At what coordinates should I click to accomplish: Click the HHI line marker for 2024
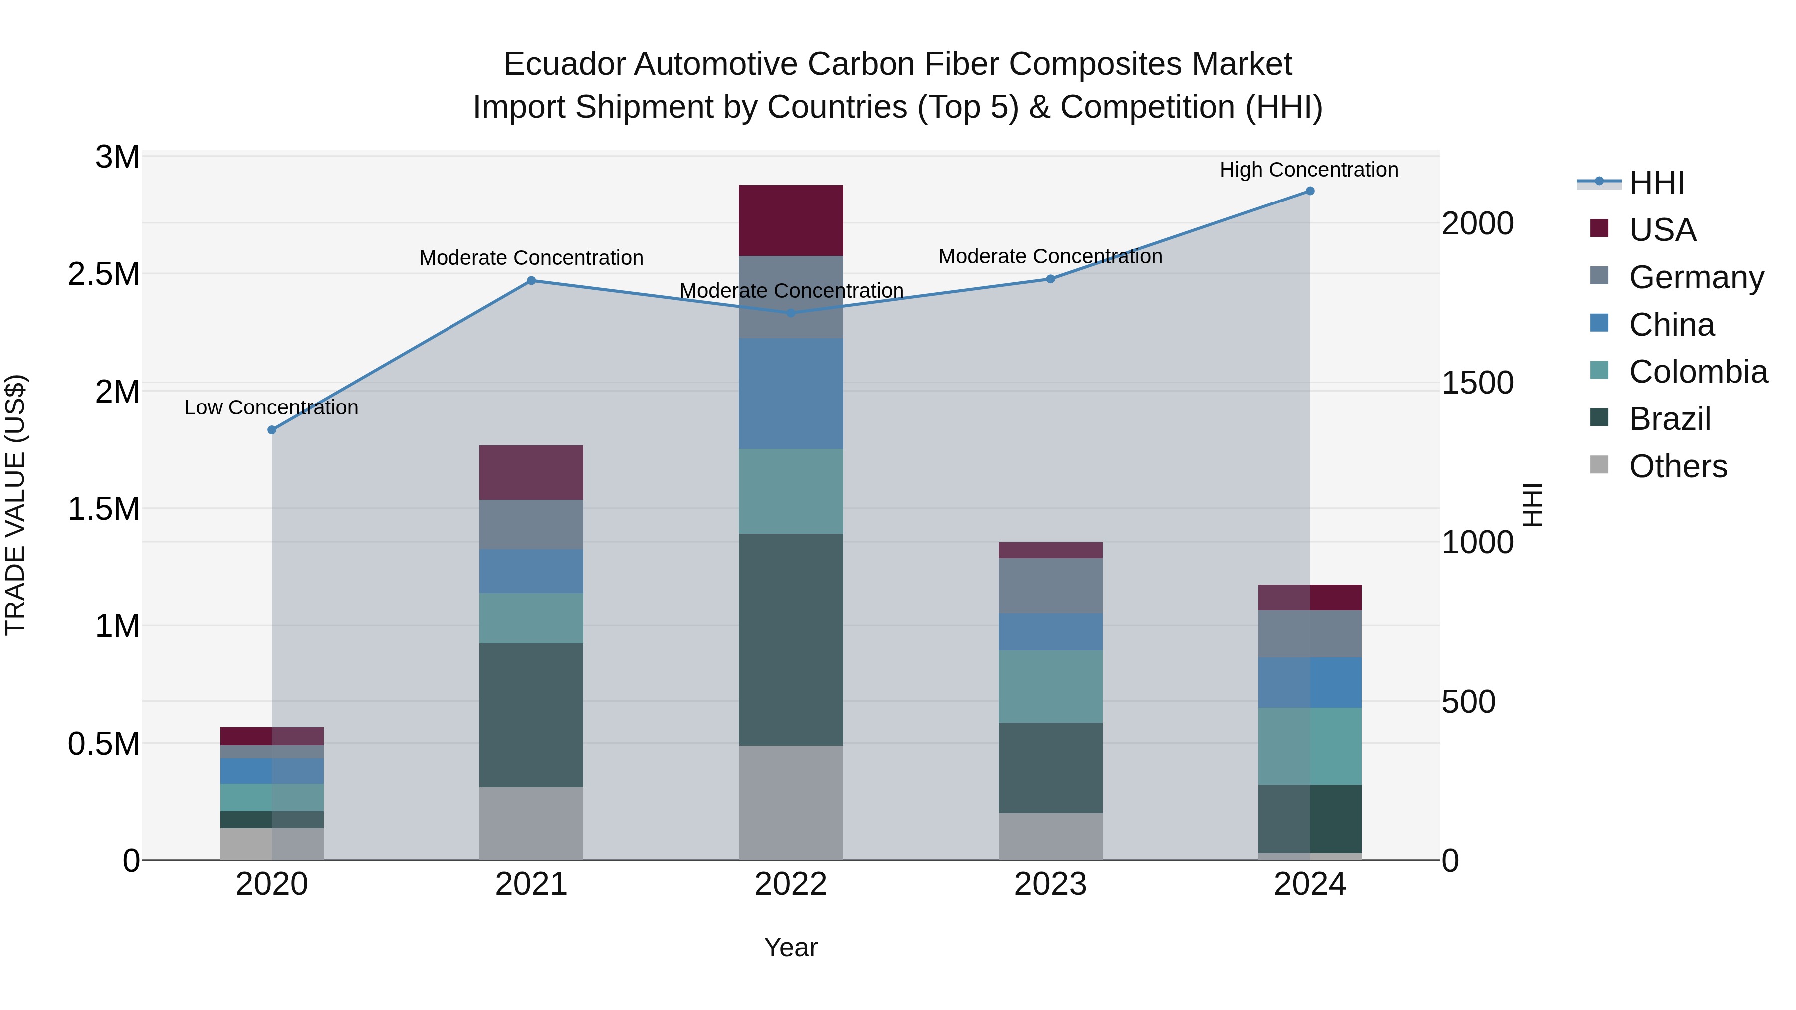click(1310, 191)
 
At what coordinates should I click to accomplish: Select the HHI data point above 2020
click(272, 430)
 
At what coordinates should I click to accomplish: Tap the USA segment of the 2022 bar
click(791, 220)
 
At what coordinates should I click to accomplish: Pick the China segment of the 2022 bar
click(791, 394)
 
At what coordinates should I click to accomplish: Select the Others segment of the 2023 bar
click(1050, 836)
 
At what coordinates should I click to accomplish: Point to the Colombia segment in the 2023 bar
click(1050, 687)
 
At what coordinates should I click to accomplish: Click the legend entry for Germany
click(1696, 277)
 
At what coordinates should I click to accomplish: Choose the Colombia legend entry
click(1698, 372)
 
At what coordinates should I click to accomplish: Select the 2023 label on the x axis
click(1050, 884)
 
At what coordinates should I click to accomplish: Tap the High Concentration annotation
click(1309, 170)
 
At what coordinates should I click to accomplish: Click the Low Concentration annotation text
click(271, 408)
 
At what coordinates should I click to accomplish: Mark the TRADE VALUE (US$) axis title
click(15, 505)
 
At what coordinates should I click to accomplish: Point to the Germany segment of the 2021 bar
click(531, 525)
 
